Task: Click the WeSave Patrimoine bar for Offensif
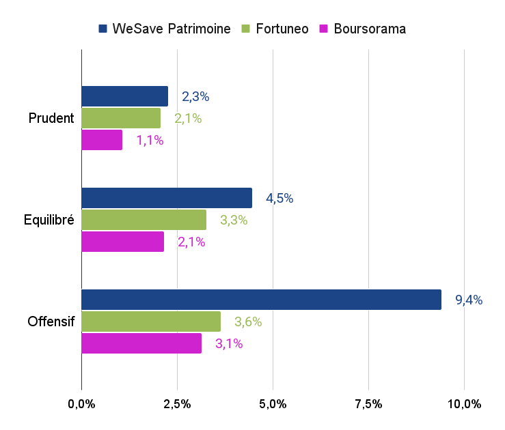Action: (261, 300)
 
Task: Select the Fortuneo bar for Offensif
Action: (151, 321)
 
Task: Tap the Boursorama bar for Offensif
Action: (141, 343)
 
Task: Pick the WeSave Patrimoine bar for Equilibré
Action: (167, 198)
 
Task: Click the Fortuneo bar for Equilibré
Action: (144, 220)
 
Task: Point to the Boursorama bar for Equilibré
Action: (122, 242)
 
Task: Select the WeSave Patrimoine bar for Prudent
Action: (124, 96)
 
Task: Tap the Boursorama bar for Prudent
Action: (102, 140)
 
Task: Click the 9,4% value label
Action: (469, 300)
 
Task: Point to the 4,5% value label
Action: (279, 199)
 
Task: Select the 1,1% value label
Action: (150, 141)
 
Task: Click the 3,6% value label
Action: (248, 322)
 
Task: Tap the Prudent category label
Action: (51, 118)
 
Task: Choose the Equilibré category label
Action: (49, 220)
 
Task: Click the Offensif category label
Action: (51, 321)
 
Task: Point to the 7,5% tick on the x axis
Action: (368, 404)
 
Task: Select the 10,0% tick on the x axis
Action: (464, 404)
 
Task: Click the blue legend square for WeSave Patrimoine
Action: (103, 29)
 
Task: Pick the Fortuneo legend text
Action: (283, 29)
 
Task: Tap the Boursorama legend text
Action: (370, 29)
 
